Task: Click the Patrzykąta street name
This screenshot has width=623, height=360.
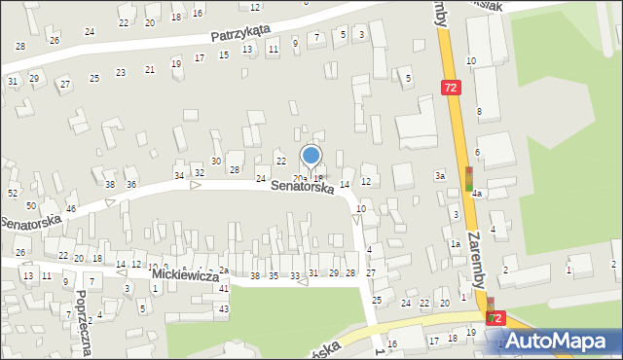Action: pos(241,34)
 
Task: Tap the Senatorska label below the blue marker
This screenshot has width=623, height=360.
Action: pos(302,186)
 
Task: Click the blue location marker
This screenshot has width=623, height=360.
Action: pos(311,156)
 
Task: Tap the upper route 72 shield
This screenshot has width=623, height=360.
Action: pos(450,88)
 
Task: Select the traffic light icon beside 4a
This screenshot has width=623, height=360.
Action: pos(468,177)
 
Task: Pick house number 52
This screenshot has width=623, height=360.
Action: pos(13,194)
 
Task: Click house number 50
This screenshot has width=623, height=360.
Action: pos(31,206)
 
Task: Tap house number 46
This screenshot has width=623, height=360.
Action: pos(71,209)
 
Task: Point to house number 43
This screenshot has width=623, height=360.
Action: pos(224,308)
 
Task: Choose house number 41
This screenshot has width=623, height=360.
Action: pos(224,289)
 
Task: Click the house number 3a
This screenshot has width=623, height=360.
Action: pos(440,175)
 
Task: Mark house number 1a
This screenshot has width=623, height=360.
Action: pos(455,243)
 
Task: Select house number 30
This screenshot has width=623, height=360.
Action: pos(216,161)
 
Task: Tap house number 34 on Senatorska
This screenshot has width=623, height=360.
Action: pos(179,175)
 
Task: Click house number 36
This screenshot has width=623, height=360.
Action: pos(131,184)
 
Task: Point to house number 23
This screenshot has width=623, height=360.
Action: pos(121,72)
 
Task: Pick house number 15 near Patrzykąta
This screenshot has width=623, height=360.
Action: pos(224,54)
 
